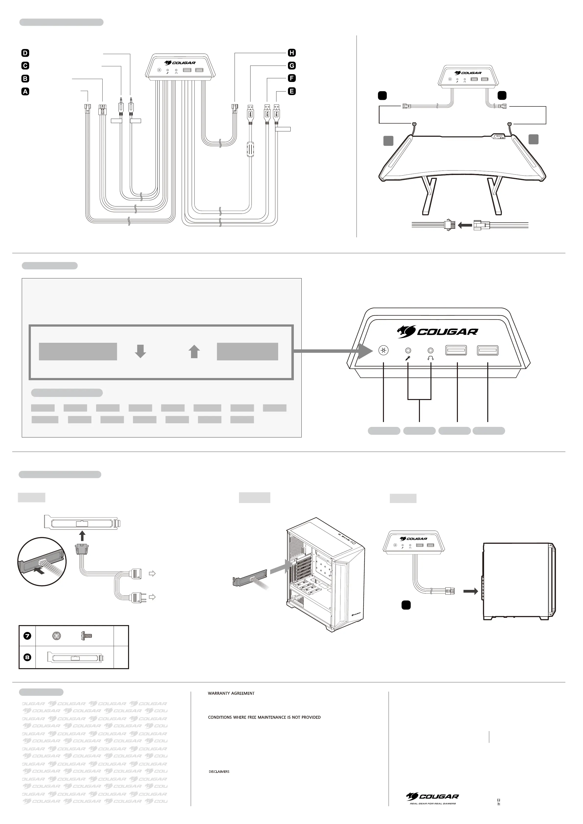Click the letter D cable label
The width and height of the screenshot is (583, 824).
25,53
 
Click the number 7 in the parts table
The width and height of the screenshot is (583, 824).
27,636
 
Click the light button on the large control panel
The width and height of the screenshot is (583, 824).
384,351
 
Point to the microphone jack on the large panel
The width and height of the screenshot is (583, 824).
408,350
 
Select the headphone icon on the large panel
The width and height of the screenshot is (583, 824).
431,357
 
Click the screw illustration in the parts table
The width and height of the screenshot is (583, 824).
87,636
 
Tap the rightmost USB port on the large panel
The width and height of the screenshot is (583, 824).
488,350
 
